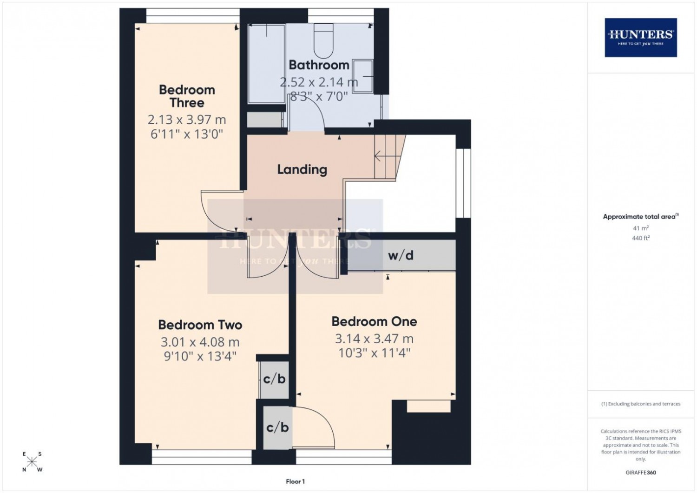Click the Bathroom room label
319,65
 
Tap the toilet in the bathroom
323,41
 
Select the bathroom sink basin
363,76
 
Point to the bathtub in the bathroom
267,64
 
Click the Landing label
302,170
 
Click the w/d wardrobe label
401,256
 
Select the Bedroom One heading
375,321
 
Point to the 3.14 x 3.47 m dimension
375,339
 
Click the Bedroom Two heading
200,325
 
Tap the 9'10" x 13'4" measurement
200,356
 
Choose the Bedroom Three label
187,96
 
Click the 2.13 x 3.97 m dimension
187,120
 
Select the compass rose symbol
32,461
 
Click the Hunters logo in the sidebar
641,38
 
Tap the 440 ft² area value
641,238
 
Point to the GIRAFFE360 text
641,473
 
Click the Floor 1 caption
295,481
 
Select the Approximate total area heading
641,216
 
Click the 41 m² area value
641,228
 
